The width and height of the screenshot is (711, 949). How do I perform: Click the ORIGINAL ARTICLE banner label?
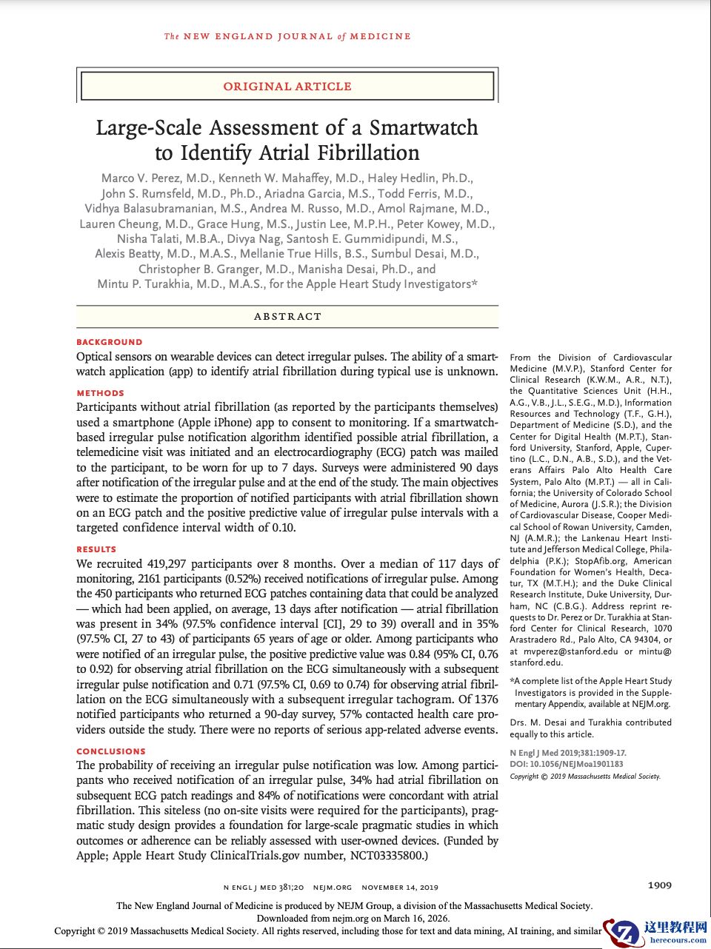click(x=287, y=87)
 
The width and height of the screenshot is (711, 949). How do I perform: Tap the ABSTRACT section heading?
click(x=287, y=316)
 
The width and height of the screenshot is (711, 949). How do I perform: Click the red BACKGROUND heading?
click(x=109, y=342)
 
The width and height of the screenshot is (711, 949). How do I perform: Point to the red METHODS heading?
click(x=100, y=393)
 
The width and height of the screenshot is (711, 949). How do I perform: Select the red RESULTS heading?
click(x=96, y=549)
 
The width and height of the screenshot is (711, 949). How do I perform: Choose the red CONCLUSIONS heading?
click(x=111, y=751)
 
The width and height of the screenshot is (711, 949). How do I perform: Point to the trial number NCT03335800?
click(x=378, y=856)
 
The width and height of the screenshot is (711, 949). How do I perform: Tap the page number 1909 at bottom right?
click(x=659, y=885)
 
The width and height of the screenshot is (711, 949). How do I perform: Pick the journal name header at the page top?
click(x=287, y=36)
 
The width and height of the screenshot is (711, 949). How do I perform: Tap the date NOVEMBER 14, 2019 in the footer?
click(x=400, y=887)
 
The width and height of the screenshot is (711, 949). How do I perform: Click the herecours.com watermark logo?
click(x=655, y=931)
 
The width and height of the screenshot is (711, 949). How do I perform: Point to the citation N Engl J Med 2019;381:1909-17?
click(x=567, y=753)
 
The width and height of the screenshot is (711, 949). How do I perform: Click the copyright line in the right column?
click(x=585, y=777)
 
